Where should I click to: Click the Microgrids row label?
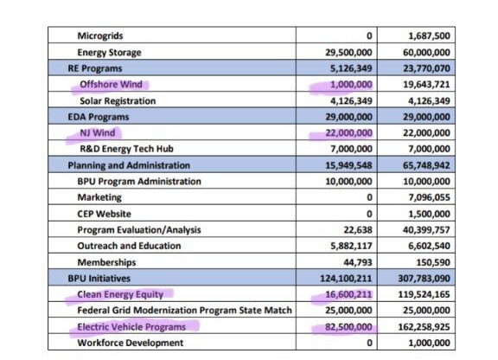coord(100,35)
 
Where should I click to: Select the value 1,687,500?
coord(429,36)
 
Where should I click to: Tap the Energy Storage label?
coord(109,53)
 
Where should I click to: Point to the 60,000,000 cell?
coord(426,52)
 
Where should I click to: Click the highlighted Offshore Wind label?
coord(111,84)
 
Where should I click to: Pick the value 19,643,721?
coord(426,84)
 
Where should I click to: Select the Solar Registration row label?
coord(118,100)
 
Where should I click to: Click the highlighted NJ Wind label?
coord(98,132)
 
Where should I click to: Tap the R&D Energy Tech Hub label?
coord(127,149)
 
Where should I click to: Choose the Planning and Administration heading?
coord(129,165)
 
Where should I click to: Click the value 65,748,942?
coord(426,165)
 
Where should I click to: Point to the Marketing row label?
coord(99,197)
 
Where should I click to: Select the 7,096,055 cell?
coord(429,197)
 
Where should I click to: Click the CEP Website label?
coord(104,214)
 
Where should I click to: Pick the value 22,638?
coord(358,230)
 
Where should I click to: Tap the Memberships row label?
coord(106,262)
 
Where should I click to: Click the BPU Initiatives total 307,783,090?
coord(424,279)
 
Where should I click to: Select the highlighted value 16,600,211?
coord(348,294)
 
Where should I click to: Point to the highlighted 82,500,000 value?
coord(348,327)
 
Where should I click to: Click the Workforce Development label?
coord(131,343)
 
